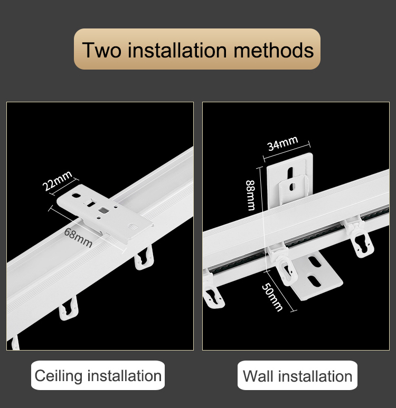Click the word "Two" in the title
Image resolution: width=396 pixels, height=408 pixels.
click(102, 50)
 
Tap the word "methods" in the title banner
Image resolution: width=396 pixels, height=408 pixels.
click(274, 50)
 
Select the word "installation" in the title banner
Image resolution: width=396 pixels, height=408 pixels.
click(177, 50)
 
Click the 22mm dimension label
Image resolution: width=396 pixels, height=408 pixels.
click(57, 181)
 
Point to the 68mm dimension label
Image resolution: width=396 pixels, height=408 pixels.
click(78, 238)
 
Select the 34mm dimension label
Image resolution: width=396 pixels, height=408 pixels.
click(282, 143)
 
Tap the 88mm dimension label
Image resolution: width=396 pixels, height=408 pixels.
click(250, 195)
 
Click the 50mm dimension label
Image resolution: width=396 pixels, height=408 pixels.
click(272, 297)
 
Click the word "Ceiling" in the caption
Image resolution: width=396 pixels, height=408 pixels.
click(59, 376)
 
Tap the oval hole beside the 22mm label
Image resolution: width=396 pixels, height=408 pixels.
click(76, 195)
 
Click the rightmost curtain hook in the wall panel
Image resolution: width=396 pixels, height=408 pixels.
click(360, 239)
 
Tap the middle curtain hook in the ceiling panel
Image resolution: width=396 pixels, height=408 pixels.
click(69, 309)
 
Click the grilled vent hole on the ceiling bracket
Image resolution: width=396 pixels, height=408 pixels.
click(133, 227)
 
